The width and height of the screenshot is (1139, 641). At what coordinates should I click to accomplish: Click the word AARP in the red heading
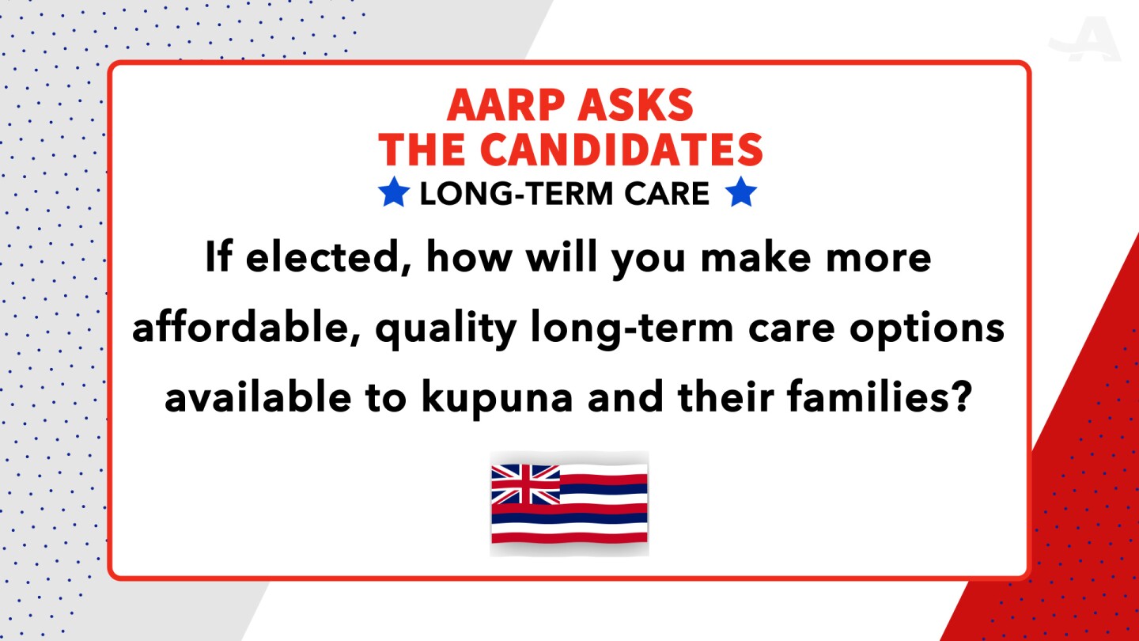point(504,104)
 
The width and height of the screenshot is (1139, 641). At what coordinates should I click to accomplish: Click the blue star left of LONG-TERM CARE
point(394,192)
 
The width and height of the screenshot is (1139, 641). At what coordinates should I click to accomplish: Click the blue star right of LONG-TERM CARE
point(741,192)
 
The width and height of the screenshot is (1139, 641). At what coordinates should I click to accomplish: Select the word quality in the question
point(446,330)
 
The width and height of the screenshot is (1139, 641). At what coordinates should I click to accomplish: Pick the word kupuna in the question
point(498,399)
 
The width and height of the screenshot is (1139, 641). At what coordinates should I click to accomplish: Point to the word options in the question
point(927,330)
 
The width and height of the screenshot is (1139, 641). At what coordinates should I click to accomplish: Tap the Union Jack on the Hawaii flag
point(525,484)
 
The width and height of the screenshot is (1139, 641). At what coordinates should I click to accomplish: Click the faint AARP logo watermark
point(1085,40)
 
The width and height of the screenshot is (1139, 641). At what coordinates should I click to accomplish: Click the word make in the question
point(755,258)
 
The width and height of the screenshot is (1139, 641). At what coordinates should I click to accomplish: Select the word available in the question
point(258,396)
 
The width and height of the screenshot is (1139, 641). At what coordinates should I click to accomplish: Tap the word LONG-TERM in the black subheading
point(516,194)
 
